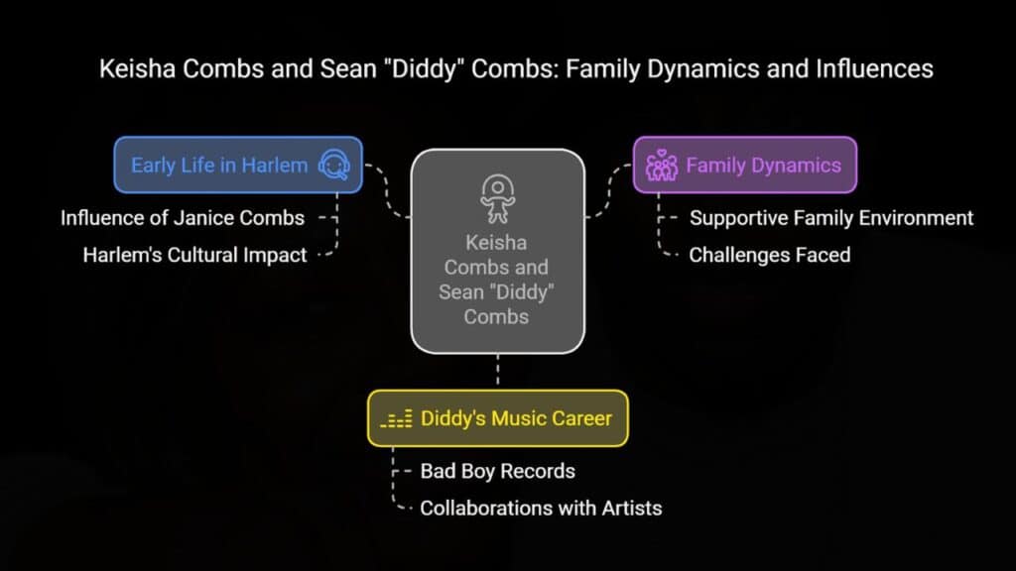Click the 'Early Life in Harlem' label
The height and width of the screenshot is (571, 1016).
point(219,166)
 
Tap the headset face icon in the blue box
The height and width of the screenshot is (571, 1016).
point(334,165)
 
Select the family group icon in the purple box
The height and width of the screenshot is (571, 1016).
point(662,166)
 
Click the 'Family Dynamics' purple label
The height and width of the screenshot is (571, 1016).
point(763,166)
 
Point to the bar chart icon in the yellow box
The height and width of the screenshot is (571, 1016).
point(396,419)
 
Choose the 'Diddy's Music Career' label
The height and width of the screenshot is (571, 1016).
point(516,418)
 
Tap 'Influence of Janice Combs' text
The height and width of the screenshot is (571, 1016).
point(183,218)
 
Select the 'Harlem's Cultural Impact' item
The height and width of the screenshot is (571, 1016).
point(194,255)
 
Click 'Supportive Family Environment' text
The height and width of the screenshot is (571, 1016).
point(831,218)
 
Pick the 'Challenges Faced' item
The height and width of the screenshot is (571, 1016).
point(770,255)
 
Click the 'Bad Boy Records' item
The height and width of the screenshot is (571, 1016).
point(498,471)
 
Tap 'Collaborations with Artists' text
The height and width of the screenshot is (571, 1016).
point(541,509)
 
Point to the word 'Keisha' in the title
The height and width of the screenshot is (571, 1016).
point(137,68)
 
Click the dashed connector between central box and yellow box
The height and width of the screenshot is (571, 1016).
point(498,372)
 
